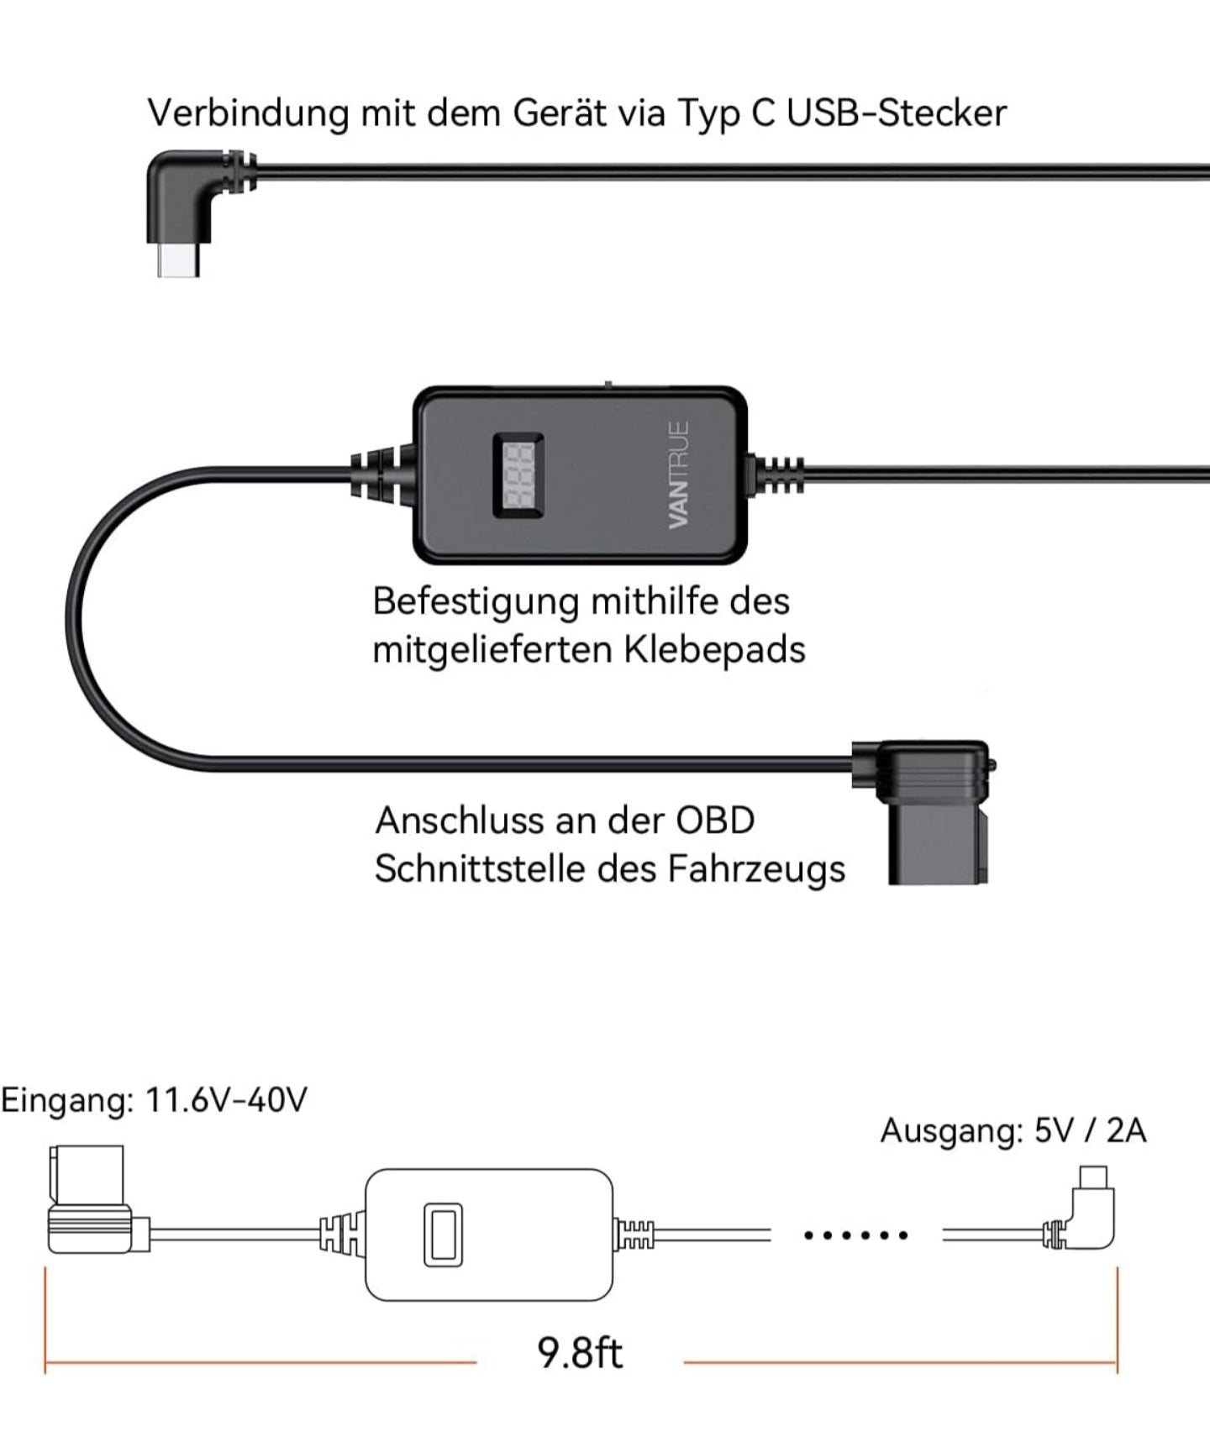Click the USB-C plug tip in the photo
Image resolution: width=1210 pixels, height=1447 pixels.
pyautogui.click(x=178, y=262)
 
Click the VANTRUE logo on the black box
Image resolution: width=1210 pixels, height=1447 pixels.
pyautogui.click(x=679, y=475)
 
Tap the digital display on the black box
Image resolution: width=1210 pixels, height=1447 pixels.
pyautogui.click(x=518, y=475)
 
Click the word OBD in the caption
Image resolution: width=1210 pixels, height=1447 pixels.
pyautogui.click(x=715, y=820)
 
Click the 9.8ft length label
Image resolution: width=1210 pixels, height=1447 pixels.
pyautogui.click(x=580, y=1352)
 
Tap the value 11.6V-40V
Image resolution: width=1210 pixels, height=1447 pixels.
pyautogui.click(x=226, y=1099)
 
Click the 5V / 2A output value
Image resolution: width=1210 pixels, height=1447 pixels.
pyautogui.click(x=1090, y=1130)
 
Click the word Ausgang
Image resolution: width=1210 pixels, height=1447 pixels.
pyautogui.click(x=950, y=1131)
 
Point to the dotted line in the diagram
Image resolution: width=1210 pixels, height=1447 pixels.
pyautogui.click(x=855, y=1235)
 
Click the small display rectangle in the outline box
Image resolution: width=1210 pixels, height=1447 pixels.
pyautogui.click(x=443, y=1235)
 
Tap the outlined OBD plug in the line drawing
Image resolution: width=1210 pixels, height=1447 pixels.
pyautogui.click(x=91, y=1201)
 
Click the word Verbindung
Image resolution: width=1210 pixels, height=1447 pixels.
pyautogui.click(x=247, y=113)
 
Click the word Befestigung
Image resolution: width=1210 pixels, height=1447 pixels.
pyautogui.click(x=476, y=602)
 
